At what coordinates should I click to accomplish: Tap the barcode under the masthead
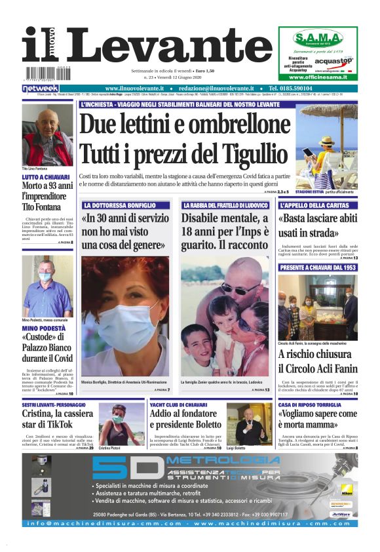point(48,73)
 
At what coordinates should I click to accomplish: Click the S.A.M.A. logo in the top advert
point(318,37)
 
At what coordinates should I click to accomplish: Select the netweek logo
point(41,88)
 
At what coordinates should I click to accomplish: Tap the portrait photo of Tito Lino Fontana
point(47,136)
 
